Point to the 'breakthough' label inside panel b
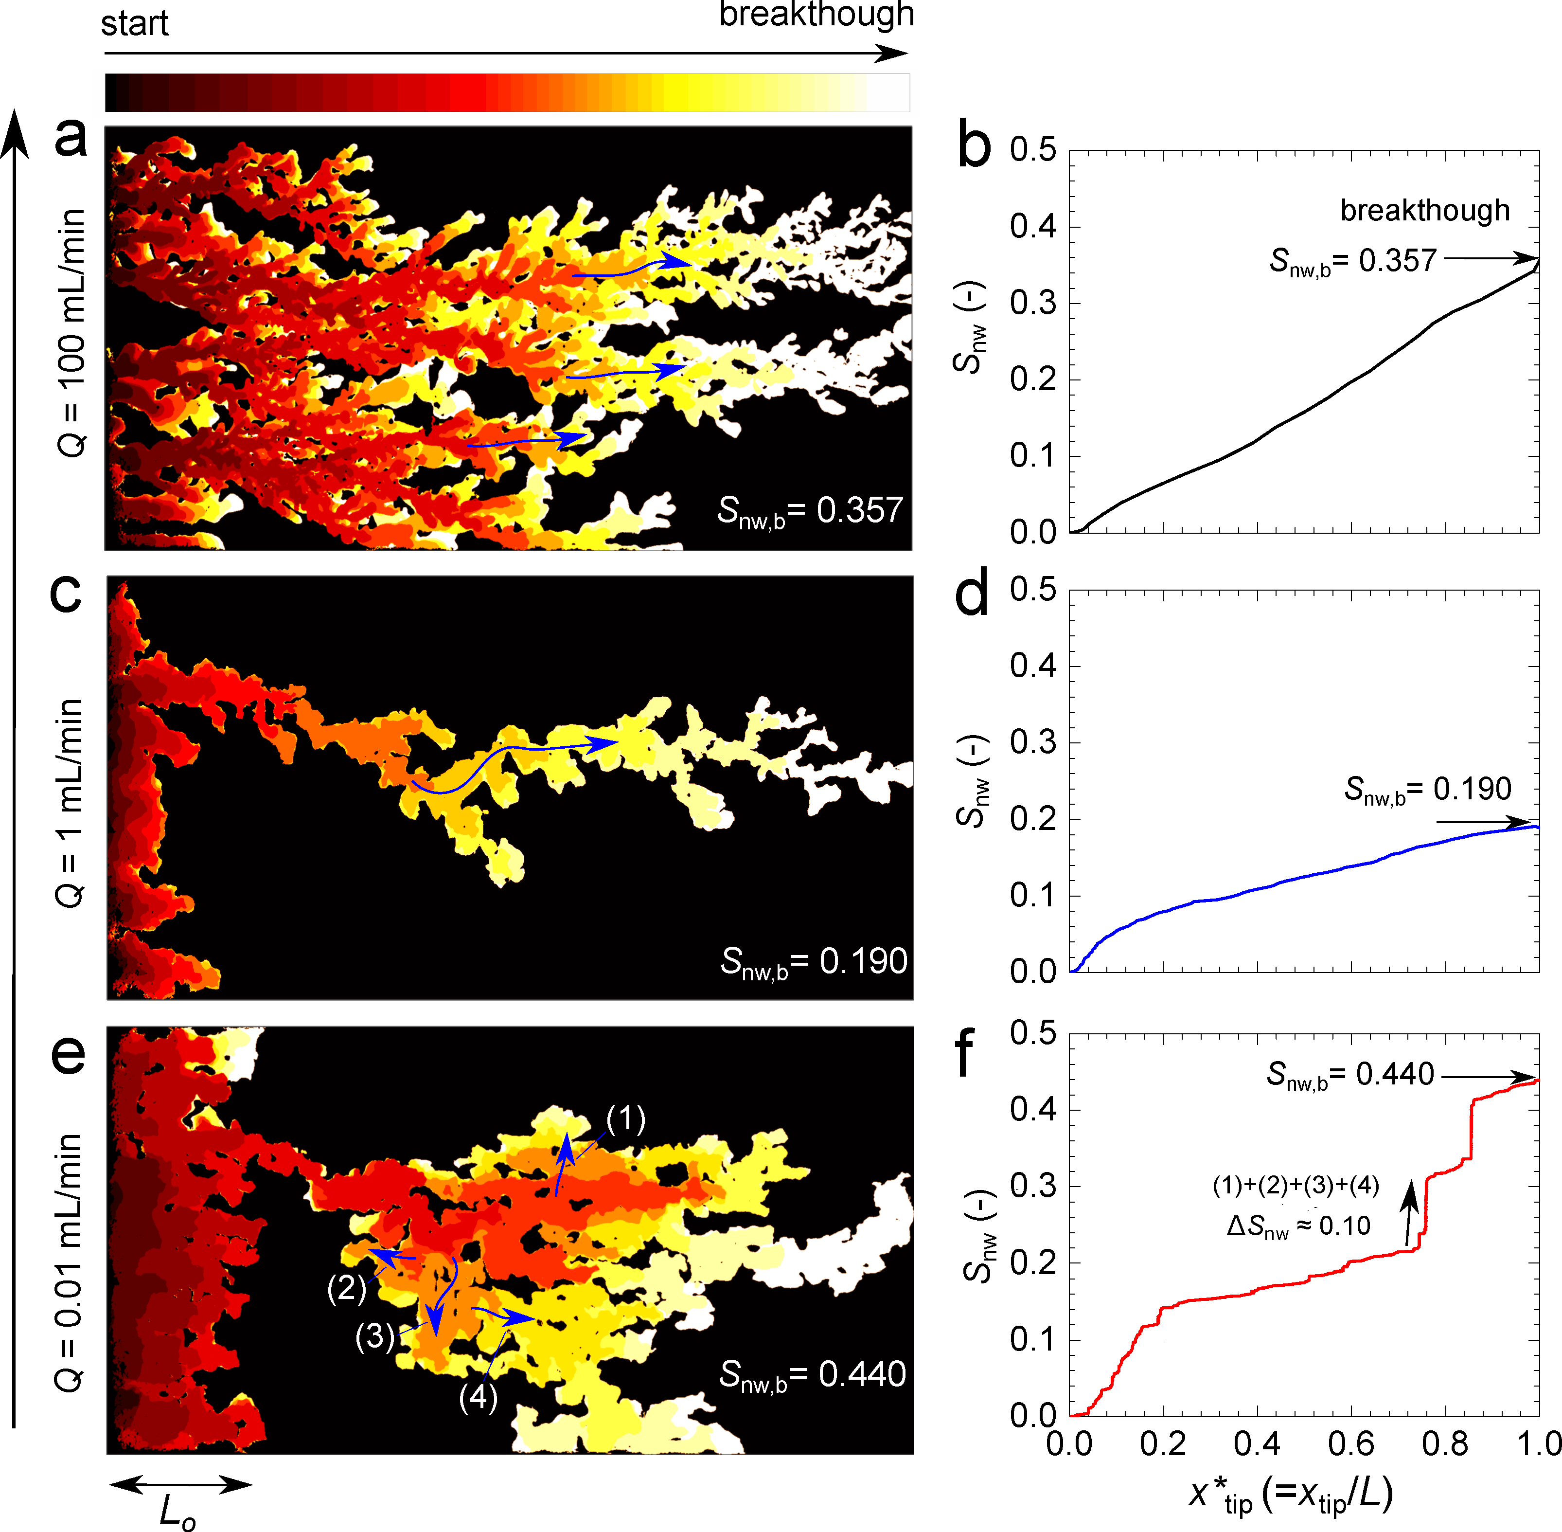tap(1424, 211)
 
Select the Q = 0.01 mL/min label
tap(69, 1263)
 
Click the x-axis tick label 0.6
tap(1351, 1445)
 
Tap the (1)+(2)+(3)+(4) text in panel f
tap(1296, 1185)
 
